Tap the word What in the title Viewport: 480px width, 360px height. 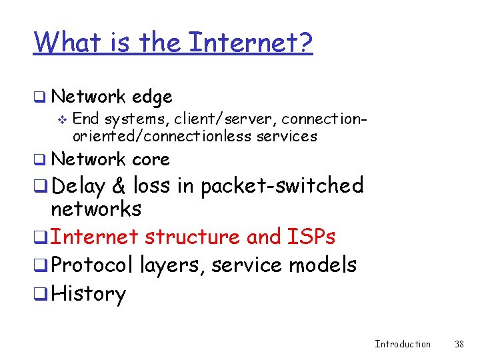tap(63, 43)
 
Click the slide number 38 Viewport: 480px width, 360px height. tap(459, 344)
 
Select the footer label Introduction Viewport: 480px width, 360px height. tap(403, 344)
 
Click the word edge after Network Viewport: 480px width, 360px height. tap(152, 97)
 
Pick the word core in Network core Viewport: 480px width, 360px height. tap(151, 159)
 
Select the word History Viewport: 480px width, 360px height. tap(88, 294)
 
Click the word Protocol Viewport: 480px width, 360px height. tap(92, 265)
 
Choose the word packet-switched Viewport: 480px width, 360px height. tap(282, 185)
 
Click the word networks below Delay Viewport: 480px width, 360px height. tap(96, 209)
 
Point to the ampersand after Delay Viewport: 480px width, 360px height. tap(120, 185)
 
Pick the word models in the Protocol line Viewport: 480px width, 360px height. tap(323, 265)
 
